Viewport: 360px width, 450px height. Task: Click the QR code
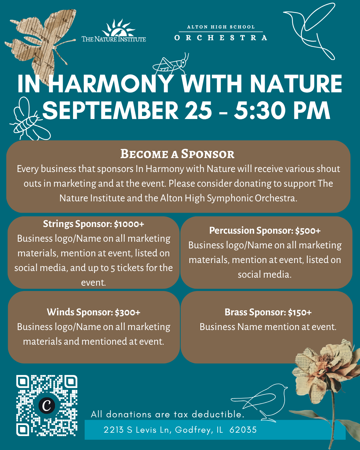click(x=47, y=405)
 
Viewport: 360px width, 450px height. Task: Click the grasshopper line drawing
click(x=171, y=64)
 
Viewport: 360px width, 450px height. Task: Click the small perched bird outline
click(x=259, y=403)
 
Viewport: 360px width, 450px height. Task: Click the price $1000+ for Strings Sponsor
click(x=129, y=224)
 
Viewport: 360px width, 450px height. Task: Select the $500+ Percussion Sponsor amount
click(x=308, y=231)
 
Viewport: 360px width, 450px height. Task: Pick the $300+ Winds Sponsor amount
click(x=128, y=312)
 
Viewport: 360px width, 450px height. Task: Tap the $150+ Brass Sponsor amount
click(x=300, y=312)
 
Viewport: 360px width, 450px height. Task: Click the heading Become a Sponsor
click(x=177, y=154)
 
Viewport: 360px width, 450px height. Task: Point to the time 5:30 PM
click(x=282, y=110)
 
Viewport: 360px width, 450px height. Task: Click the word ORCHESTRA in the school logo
click(x=221, y=38)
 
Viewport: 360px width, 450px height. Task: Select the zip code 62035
click(x=243, y=430)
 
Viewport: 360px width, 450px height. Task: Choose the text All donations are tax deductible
click(x=168, y=414)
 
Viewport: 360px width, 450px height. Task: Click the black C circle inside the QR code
click(x=47, y=406)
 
